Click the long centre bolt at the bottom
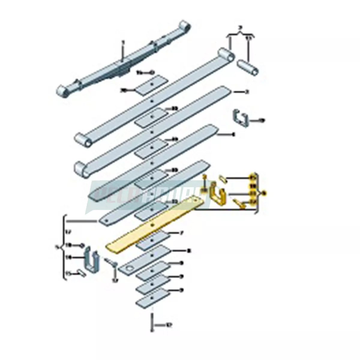coord(152,322)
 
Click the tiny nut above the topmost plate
coord(151,72)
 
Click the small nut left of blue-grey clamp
coord(81,246)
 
